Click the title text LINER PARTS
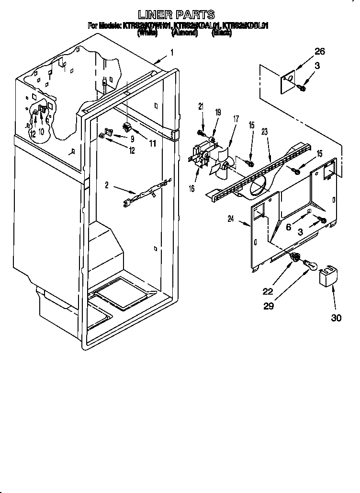point(176,15)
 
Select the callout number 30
point(336,318)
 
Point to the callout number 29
point(269,306)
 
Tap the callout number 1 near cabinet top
point(171,53)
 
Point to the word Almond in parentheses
point(184,33)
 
